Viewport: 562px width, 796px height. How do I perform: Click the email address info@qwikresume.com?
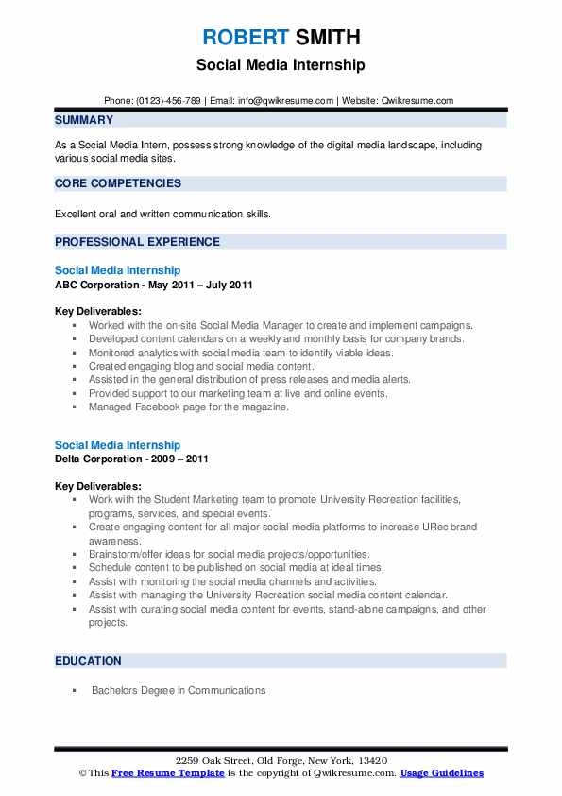pyautogui.click(x=288, y=100)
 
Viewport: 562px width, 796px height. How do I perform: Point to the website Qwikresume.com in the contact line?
pyautogui.click(x=418, y=100)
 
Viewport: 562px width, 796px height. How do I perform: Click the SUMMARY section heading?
pyautogui.click(x=84, y=120)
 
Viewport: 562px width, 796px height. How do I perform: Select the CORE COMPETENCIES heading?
pyautogui.click(x=118, y=183)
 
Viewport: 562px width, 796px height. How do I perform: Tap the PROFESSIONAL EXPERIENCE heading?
pyautogui.click(x=137, y=242)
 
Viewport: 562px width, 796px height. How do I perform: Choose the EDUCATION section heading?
pyautogui.click(x=88, y=661)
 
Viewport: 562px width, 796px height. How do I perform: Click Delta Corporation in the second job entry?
pyautogui.click(x=100, y=459)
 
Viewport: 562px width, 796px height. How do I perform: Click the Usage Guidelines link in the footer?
pyautogui.click(x=441, y=773)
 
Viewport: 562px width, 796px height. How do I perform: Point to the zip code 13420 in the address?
pyautogui.click(x=372, y=761)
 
